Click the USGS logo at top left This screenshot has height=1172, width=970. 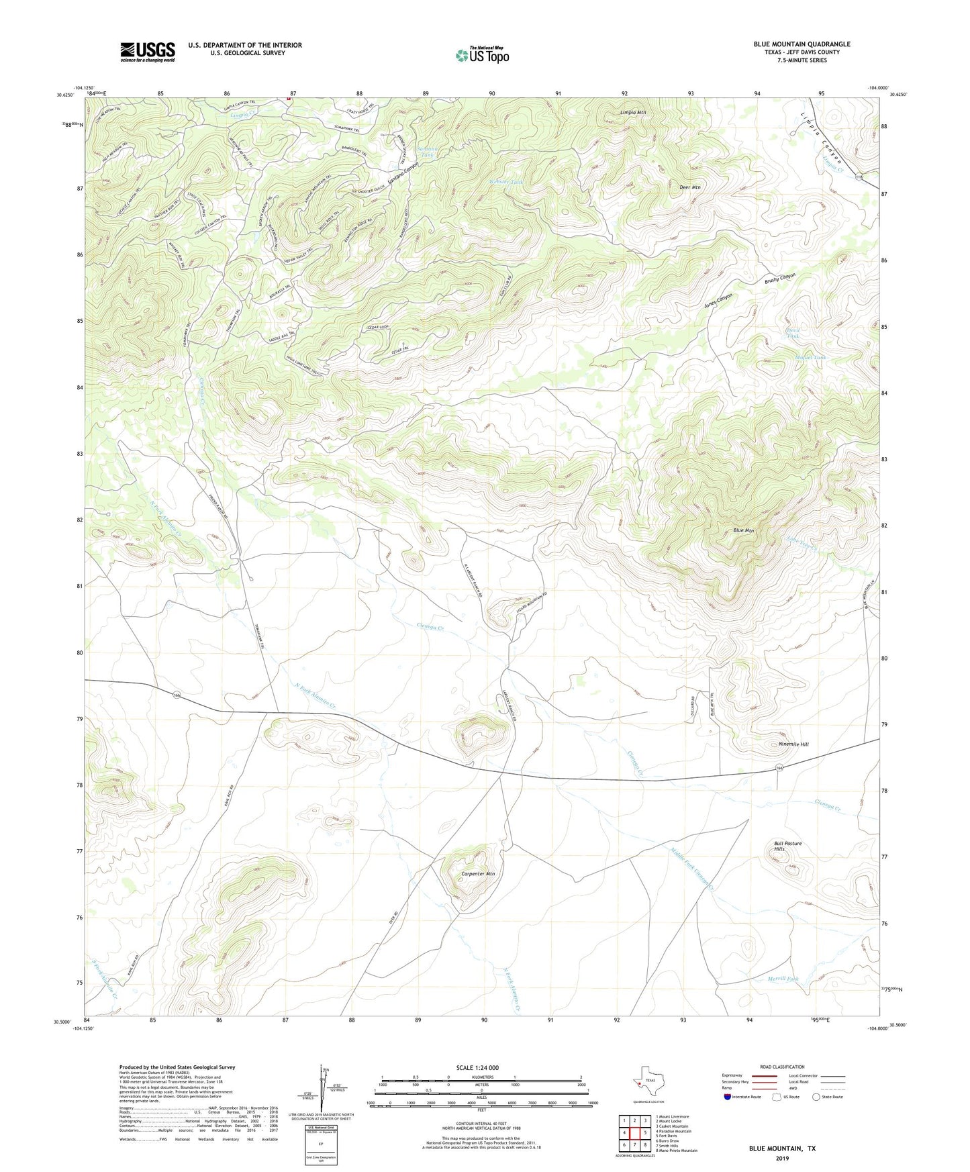[x=148, y=52]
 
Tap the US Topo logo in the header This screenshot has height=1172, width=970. [x=483, y=55]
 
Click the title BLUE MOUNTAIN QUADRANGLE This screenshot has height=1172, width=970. [x=802, y=44]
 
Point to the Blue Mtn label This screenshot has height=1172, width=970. [x=743, y=530]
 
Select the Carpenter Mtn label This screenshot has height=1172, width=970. [x=478, y=874]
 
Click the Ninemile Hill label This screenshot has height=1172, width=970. [x=793, y=744]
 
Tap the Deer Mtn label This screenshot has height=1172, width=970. [x=690, y=187]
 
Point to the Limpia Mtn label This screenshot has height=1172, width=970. [x=633, y=113]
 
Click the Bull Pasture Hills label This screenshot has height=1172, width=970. [x=787, y=846]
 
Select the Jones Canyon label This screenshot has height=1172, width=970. [x=718, y=300]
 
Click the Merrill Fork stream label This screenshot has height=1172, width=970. [x=783, y=979]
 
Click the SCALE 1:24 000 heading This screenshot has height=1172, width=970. [x=477, y=1067]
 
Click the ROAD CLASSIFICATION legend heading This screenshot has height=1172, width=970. [x=782, y=1067]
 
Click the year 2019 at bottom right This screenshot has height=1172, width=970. [x=782, y=1159]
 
